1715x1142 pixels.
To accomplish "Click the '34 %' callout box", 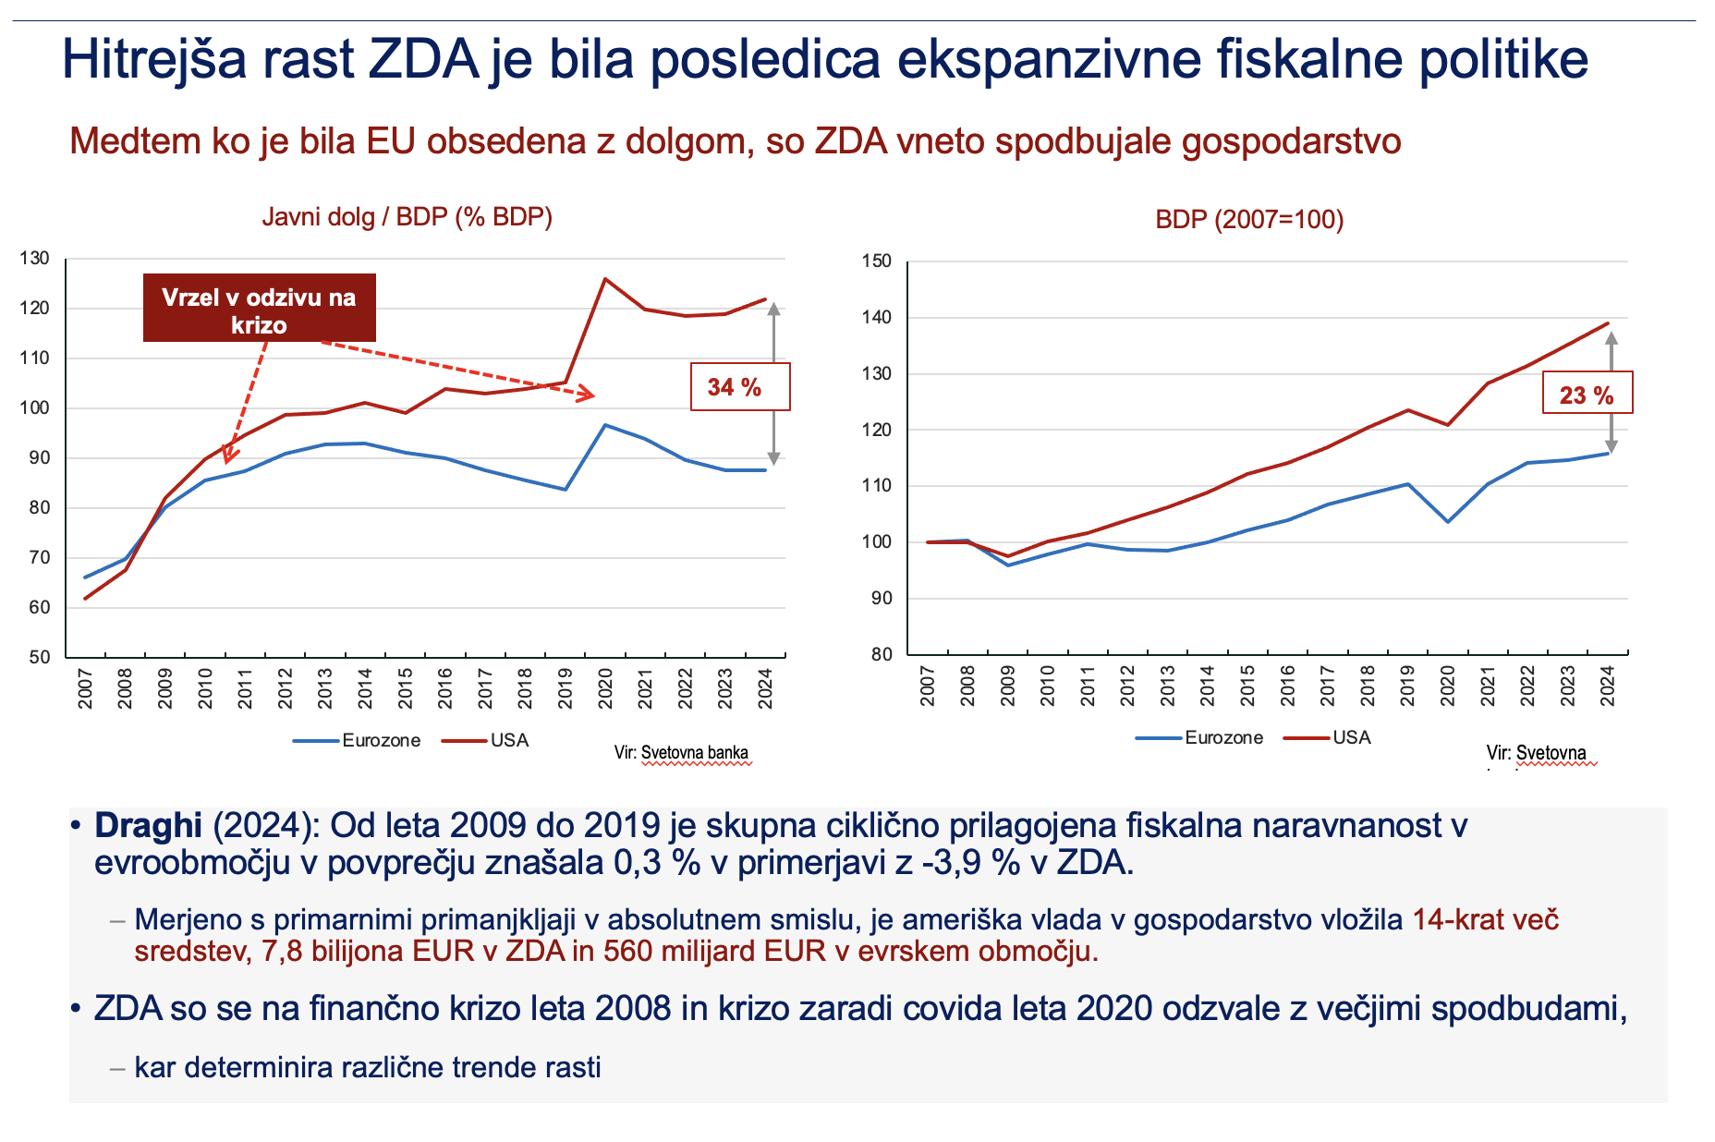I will coord(739,386).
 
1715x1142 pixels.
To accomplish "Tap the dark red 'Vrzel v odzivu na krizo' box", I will coord(259,309).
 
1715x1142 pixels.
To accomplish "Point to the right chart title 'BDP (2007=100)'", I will coord(1249,220).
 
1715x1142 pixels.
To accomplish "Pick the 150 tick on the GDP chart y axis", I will coord(877,261).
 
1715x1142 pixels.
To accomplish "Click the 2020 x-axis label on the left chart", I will coord(606,688).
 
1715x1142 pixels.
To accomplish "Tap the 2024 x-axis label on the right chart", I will coord(1608,686).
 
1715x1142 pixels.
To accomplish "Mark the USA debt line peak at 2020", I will coord(605,279).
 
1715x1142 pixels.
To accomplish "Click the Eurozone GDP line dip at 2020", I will coord(1448,521).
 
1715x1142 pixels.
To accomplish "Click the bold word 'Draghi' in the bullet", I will coord(148,825).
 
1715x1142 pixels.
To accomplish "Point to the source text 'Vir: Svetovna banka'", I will coord(681,753).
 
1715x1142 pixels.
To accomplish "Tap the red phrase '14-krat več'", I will coord(1486,920).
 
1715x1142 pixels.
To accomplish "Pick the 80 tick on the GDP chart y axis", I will coord(882,655).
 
